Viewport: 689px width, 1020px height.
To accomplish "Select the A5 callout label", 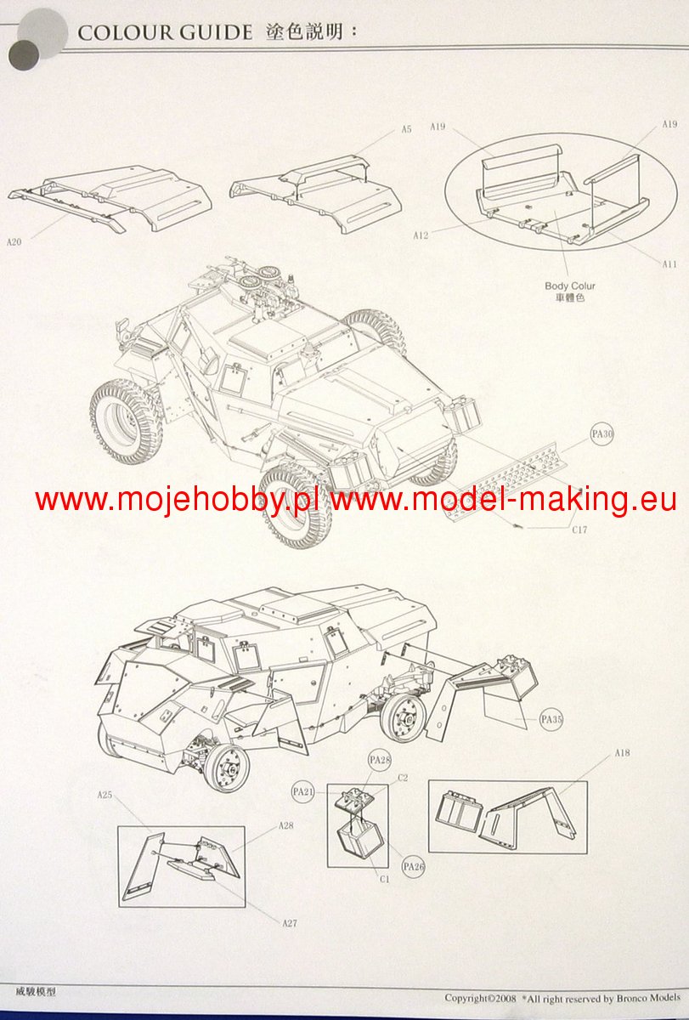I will [x=406, y=129].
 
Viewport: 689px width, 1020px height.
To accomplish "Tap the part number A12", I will [x=420, y=235].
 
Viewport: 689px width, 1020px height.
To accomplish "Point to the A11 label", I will [x=669, y=264].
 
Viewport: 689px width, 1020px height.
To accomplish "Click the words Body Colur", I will [x=570, y=286].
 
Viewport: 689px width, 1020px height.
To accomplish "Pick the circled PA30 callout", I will [x=602, y=434].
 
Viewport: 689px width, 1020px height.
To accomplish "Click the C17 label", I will [x=579, y=530].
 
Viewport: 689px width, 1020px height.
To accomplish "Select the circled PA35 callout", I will [x=551, y=719].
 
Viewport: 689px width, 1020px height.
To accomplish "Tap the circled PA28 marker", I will [x=379, y=759].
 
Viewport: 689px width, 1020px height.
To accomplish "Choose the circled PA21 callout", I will [x=303, y=791].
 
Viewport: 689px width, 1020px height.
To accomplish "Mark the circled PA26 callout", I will [x=414, y=866].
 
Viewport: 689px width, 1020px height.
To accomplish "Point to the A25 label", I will [x=104, y=796].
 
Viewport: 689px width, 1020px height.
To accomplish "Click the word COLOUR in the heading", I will [x=126, y=32].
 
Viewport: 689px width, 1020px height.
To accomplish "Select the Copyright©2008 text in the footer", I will [x=481, y=998].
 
